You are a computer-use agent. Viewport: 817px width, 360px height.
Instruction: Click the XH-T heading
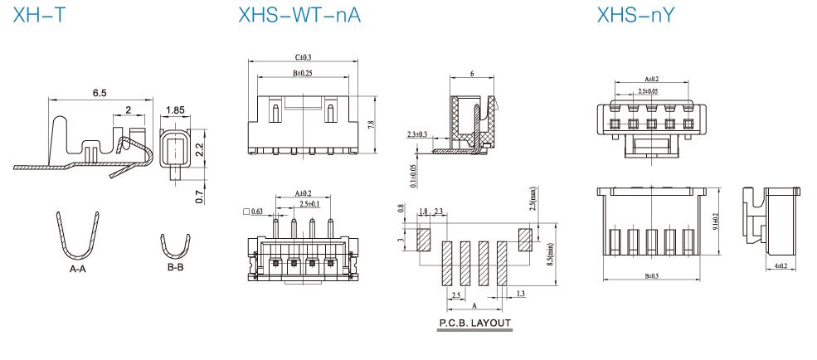tap(40, 15)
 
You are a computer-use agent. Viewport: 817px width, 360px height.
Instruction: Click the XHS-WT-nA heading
tap(299, 15)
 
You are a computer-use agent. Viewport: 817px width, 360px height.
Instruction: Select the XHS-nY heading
tap(635, 15)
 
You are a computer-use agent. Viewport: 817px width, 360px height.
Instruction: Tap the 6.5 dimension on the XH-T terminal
tap(100, 93)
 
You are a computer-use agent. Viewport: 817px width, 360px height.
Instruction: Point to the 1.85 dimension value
tap(175, 110)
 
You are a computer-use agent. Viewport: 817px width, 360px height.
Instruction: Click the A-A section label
tap(78, 270)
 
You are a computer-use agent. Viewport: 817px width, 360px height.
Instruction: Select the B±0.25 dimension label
tap(302, 74)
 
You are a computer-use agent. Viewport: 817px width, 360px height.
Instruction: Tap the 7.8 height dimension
tap(371, 125)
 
